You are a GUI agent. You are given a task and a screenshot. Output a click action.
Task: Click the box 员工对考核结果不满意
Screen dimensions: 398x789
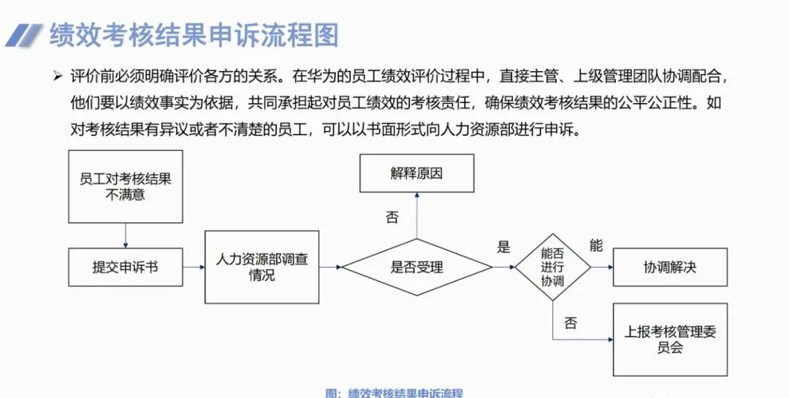click(x=125, y=187)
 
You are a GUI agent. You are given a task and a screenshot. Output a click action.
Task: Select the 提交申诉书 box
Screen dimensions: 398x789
click(x=125, y=267)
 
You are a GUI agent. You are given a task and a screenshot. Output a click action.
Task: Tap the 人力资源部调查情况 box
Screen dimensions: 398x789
click(x=262, y=267)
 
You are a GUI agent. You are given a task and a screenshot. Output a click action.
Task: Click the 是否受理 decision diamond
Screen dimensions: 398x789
click(x=416, y=267)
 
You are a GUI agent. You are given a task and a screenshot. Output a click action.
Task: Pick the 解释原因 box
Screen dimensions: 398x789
click(x=416, y=174)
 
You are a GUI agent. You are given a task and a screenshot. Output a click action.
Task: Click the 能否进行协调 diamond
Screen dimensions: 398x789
click(x=552, y=267)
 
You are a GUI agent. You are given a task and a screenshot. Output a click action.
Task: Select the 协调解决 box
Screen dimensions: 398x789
click(x=670, y=267)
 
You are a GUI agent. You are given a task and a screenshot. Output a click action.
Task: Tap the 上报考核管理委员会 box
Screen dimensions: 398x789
click(x=670, y=339)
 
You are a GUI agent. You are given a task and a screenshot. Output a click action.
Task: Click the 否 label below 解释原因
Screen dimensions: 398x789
click(x=392, y=217)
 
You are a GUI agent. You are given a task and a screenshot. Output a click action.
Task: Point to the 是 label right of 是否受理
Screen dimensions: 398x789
click(x=503, y=247)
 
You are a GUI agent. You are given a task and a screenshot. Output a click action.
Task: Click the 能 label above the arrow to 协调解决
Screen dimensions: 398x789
click(x=596, y=246)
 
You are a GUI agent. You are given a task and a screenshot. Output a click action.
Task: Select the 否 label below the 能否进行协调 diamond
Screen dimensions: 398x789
click(x=571, y=323)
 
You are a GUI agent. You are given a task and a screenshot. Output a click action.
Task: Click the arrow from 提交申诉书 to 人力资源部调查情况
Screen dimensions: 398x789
click(x=194, y=267)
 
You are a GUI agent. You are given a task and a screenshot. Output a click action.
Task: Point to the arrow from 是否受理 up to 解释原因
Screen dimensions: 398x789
click(x=416, y=215)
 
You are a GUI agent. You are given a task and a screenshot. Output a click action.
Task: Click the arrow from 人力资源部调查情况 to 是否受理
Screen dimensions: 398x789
click(x=330, y=267)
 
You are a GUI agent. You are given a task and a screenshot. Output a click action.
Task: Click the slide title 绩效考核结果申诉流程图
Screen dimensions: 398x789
click(x=194, y=35)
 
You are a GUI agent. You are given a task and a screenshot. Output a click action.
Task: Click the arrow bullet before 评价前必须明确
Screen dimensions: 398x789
click(x=58, y=76)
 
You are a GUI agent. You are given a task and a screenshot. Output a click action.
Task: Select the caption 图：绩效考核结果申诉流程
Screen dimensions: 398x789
click(x=394, y=393)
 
